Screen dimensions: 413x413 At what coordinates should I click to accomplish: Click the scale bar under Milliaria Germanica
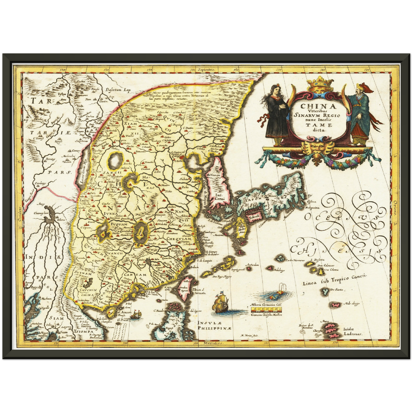pyautogui.click(x=266, y=310)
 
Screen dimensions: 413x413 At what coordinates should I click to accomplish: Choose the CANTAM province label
pyautogui.click(x=135, y=275)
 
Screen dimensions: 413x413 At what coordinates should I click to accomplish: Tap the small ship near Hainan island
pyautogui.click(x=136, y=315)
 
